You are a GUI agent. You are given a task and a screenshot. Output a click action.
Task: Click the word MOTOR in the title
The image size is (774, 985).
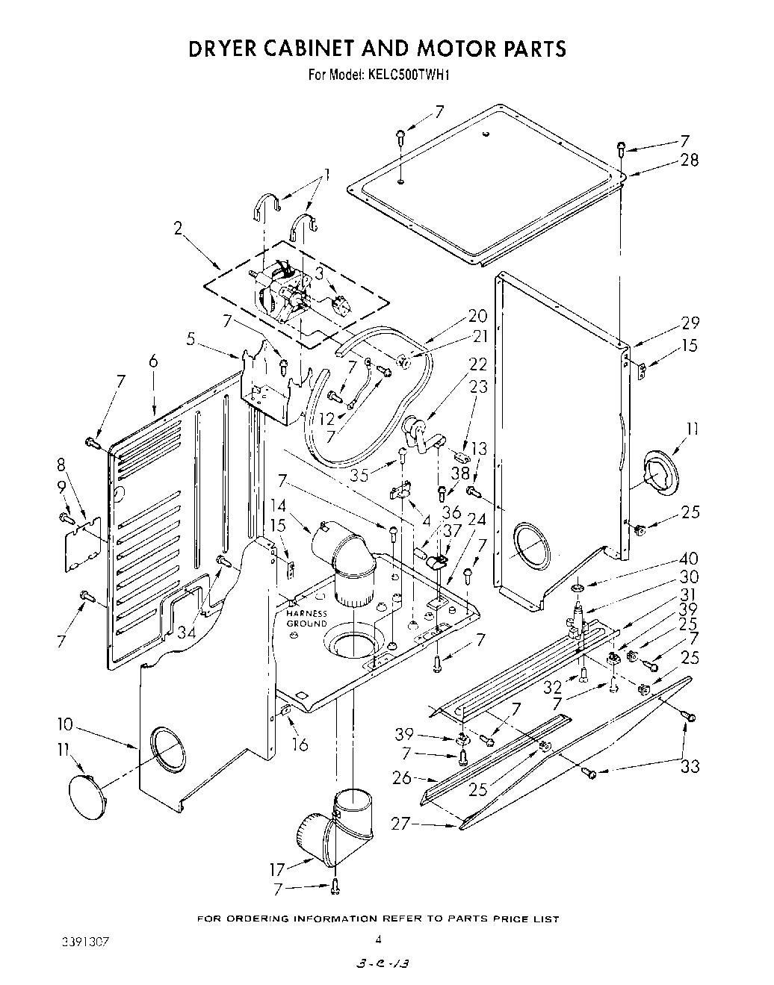click(422, 49)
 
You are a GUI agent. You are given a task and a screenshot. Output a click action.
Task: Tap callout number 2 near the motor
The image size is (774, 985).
click(179, 229)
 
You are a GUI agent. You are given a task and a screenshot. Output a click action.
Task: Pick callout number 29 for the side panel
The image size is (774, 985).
click(690, 323)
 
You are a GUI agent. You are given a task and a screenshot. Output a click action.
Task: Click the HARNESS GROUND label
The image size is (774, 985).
click(307, 618)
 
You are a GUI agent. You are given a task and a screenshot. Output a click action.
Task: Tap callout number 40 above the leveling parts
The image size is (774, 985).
click(689, 559)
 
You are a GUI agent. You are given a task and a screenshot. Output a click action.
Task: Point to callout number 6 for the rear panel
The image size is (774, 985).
click(153, 361)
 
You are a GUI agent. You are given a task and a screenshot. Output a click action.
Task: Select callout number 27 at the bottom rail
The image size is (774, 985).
click(401, 824)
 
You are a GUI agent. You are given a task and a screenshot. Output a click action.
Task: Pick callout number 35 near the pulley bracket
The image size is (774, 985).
click(360, 475)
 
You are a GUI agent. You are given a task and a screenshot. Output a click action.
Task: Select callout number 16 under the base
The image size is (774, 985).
click(300, 745)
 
